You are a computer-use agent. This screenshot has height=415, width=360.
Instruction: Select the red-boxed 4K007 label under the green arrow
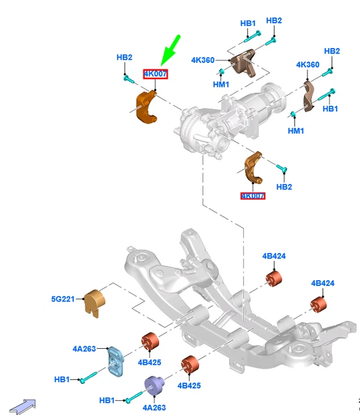point(156,75)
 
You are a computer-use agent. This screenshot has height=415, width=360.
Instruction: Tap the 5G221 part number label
point(64,299)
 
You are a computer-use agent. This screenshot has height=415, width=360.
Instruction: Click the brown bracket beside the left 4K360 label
point(243,63)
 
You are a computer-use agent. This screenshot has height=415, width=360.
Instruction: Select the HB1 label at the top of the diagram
point(248,23)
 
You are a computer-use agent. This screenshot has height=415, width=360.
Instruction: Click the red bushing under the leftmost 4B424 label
point(274,279)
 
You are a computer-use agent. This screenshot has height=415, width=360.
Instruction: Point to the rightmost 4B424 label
point(322,283)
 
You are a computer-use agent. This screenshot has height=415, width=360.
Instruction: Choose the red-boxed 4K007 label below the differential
point(252,196)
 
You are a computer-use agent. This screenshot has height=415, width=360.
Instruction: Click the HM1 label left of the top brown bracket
point(221,84)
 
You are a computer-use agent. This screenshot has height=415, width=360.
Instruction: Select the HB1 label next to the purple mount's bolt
point(107,400)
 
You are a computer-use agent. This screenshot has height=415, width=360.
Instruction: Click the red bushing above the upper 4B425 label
point(150,340)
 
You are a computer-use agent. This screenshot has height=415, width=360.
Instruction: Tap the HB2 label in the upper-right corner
point(331,51)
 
